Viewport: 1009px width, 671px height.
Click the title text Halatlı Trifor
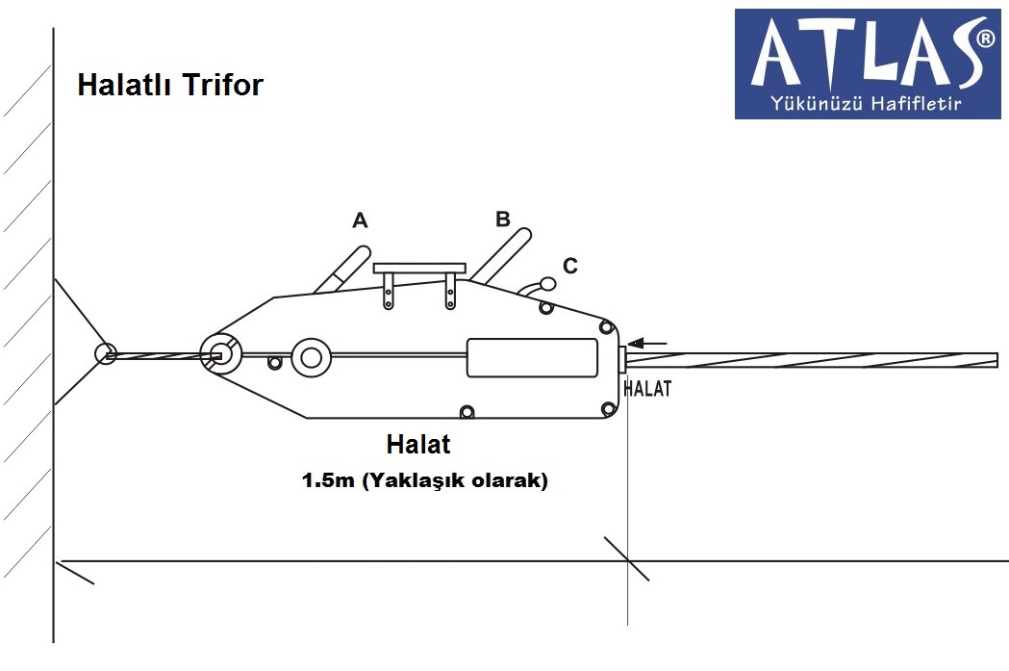pos(170,85)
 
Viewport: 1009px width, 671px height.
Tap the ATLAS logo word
pos(862,55)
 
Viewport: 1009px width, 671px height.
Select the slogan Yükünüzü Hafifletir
pos(866,103)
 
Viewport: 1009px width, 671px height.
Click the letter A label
pos(360,220)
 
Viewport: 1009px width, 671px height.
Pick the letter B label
pos(502,219)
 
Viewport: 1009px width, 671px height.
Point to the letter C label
pos(570,266)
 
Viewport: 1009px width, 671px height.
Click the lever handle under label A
pos(342,270)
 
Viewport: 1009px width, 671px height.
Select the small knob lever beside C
pos(538,287)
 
